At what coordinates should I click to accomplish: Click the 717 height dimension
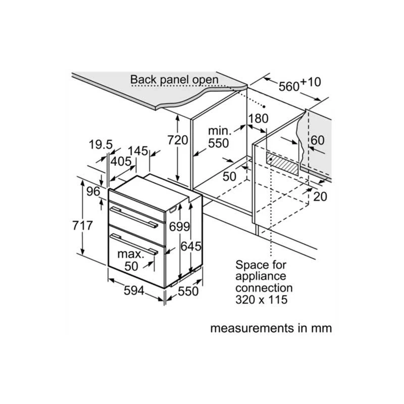pos(82,226)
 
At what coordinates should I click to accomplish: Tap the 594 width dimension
pos(134,291)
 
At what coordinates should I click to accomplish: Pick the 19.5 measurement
pos(100,145)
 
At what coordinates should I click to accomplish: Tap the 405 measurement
pos(121,161)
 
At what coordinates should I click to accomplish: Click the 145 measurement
pos(138,150)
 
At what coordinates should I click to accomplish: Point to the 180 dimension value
pos(258,118)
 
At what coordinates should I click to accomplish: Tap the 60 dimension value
pos(318,140)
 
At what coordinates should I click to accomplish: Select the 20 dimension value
pos(320,196)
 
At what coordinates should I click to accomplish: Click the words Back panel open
pos(174,80)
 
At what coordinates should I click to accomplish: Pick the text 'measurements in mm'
pos(271,328)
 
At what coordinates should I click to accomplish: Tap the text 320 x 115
pos(261,300)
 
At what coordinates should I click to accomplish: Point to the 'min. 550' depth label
pos(219,137)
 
